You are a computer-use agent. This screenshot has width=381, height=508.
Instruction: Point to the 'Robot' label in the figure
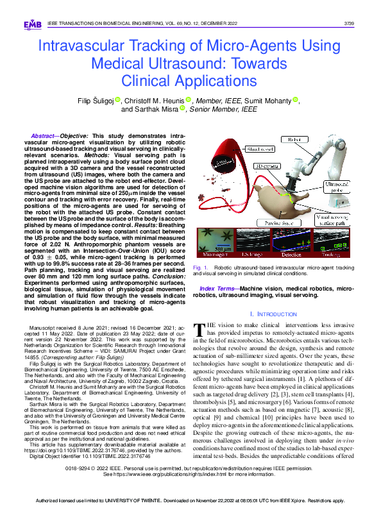[x=295, y=139]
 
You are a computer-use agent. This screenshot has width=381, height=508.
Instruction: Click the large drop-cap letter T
[x=200, y=329]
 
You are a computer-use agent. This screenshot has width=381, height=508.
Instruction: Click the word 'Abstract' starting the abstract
[x=42, y=137]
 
